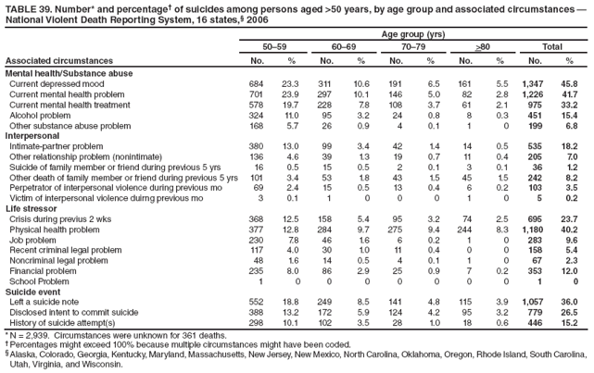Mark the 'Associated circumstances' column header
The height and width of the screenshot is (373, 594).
[52, 61]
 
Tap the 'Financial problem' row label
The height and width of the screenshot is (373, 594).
[44, 270]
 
